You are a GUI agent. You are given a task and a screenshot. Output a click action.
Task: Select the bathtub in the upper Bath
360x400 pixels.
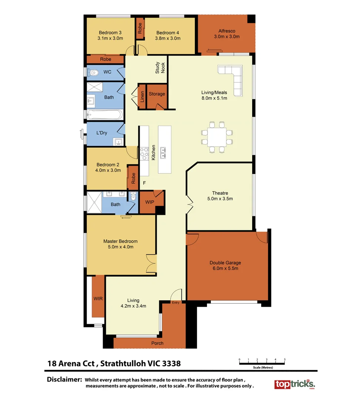coord(105,115)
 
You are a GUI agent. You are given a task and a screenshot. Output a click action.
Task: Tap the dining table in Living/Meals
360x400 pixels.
coord(217,137)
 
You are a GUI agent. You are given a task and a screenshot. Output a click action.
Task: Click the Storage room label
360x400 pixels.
coord(157,94)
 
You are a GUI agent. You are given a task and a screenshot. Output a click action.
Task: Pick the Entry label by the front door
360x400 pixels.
coord(176,303)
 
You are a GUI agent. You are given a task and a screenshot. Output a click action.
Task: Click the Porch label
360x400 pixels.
coord(157,343)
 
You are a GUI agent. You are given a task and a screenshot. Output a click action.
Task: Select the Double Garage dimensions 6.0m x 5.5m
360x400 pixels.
coord(225,269)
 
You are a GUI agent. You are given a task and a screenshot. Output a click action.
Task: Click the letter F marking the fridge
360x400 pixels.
coord(144,183)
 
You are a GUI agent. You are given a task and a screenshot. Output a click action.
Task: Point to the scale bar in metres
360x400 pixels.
coord(262,363)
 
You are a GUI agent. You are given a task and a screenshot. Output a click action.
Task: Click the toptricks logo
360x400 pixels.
coord(294,384)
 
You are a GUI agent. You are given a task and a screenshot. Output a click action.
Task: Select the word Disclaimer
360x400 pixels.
coord(64,380)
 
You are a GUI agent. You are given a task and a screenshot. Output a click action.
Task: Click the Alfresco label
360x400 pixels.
coord(227,31)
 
